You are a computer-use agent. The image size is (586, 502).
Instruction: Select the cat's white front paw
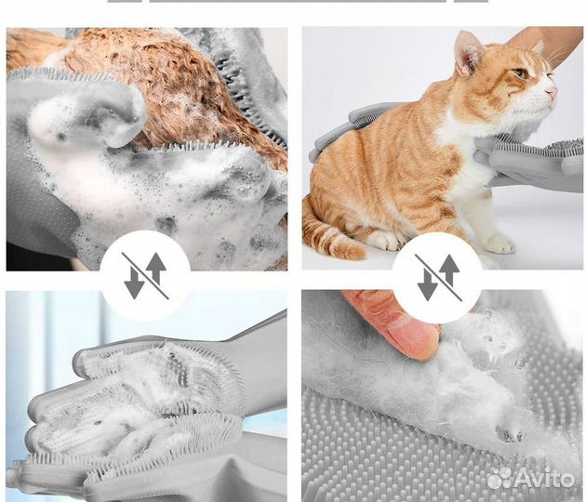tap(499, 244)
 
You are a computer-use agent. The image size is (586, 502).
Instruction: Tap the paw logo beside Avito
tap(500, 477)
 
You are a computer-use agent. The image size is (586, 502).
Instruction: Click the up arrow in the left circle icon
tap(156, 269)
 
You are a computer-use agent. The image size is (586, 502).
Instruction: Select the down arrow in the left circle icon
tap(134, 284)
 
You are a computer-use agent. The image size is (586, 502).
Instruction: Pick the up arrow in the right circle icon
tap(449, 270)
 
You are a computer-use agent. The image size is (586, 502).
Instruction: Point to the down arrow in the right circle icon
tap(428, 285)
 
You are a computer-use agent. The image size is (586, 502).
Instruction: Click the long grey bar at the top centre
tap(298, 1)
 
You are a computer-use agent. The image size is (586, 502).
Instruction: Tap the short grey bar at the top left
tap(125, 1)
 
